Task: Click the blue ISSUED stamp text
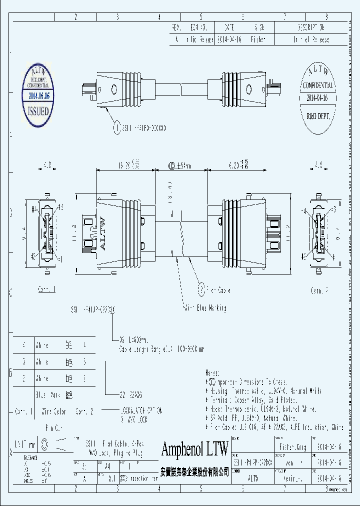point(38,110)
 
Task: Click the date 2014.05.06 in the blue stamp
point(38,95)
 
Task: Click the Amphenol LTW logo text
point(194,448)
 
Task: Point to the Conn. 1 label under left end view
point(47,290)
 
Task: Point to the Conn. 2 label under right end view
point(319,290)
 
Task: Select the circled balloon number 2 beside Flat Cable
point(201,289)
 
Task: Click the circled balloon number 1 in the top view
point(117,128)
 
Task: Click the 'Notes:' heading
point(212,373)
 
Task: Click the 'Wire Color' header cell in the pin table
point(53,411)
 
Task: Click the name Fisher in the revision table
point(258,39)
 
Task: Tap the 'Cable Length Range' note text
point(160,349)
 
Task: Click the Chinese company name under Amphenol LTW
point(194,471)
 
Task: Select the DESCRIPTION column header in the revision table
point(313,27)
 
